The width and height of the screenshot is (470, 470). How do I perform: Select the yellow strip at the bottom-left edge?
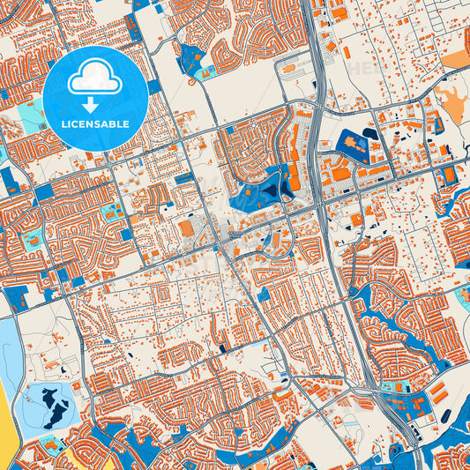[8, 414]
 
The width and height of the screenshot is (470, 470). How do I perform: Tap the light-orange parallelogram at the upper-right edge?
[458, 58]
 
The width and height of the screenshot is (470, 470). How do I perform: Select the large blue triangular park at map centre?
[259, 189]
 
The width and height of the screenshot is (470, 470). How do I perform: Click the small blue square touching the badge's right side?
[154, 86]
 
